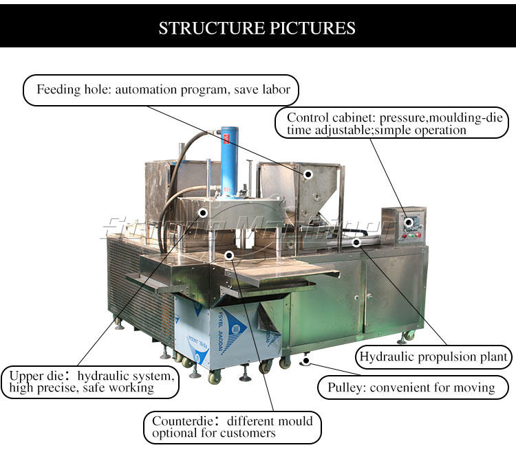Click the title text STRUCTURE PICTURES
(257, 28)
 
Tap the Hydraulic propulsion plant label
(434, 357)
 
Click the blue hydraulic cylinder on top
(228, 158)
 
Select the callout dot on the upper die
(203, 213)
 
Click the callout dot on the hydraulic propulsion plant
(356, 242)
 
